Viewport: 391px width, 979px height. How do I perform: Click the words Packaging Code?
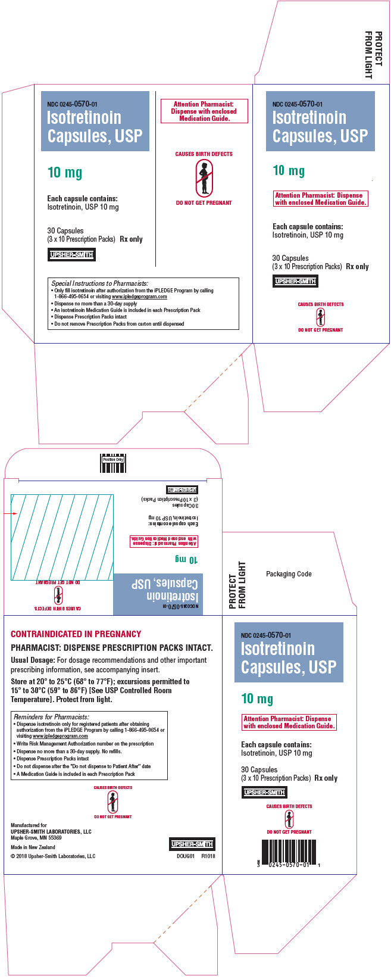(289, 574)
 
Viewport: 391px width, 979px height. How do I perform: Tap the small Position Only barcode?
(113, 463)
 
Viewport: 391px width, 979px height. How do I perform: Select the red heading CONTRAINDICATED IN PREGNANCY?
(76, 634)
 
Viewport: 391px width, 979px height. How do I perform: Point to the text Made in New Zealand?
(33, 847)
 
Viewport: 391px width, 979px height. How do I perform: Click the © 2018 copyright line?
(53, 856)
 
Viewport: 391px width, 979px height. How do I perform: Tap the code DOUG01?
(186, 856)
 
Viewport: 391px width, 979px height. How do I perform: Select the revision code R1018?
(208, 856)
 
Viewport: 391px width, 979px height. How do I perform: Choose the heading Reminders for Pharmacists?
(51, 717)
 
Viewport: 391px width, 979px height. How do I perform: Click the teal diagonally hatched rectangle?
(62, 537)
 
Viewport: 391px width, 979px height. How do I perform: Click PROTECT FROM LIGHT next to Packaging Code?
(237, 585)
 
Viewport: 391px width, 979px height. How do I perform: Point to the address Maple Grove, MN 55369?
(36, 837)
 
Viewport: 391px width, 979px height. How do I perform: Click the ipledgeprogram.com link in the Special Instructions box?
(139, 297)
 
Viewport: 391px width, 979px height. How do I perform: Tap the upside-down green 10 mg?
(186, 559)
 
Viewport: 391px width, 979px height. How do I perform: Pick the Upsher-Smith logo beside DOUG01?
(192, 844)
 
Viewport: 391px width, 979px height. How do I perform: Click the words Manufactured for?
(29, 825)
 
